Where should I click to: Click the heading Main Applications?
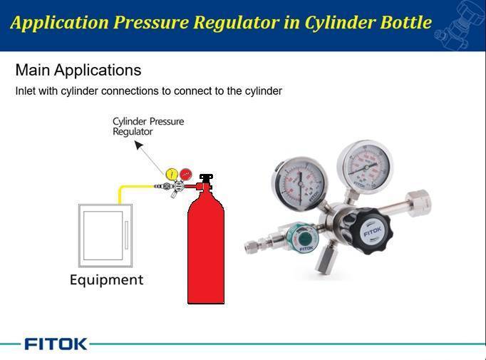(x=78, y=71)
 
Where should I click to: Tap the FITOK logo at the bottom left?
(x=56, y=344)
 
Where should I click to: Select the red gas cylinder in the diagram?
(x=205, y=250)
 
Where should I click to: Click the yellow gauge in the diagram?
(x=172, y=173)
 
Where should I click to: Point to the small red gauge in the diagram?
(x=185, y=173)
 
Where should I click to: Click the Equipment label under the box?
(x=106, y=279)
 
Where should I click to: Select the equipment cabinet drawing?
(x=105, y=235)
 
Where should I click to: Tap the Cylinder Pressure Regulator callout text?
(x=148, y=126)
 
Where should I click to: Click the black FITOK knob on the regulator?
(x=371, y=231)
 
